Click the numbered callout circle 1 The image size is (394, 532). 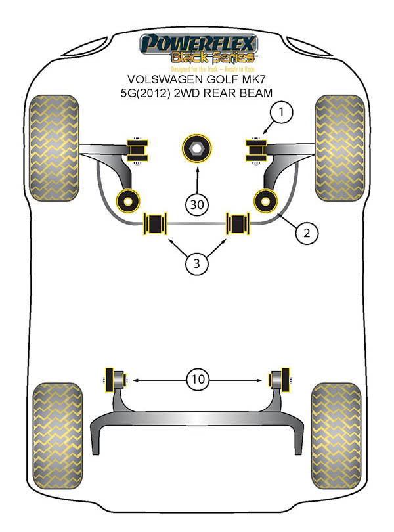click(280, 114)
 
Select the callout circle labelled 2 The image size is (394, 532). click(307, 231)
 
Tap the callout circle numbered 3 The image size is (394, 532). click(196, 265)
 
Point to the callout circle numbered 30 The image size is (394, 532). click(196, 204)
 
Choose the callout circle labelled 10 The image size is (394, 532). click(197, 379)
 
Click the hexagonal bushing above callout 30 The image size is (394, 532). click(196, 149)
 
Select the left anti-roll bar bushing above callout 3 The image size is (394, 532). click(156, 223)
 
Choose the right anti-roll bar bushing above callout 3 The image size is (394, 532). click(238, 223)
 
